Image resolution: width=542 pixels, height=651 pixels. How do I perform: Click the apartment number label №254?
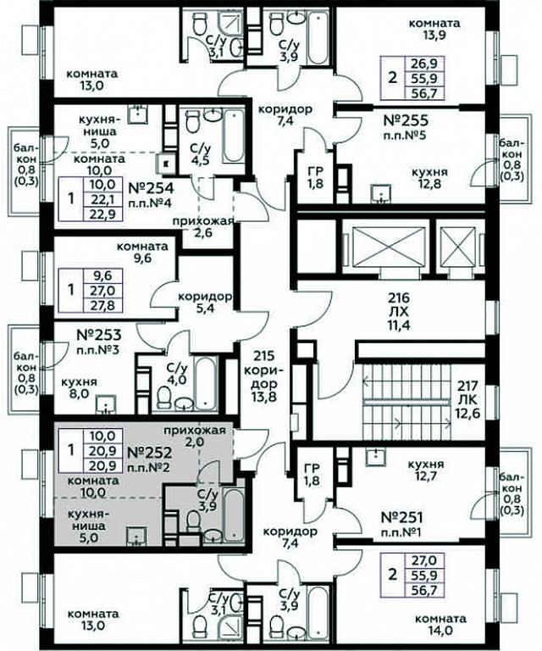pos(151,188)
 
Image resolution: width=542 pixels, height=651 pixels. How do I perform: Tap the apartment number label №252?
pos(148,452)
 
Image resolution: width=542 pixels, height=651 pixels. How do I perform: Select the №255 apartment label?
pos(406,121)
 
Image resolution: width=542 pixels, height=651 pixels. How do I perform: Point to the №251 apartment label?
pos(401,517)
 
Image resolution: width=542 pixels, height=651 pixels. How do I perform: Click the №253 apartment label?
pos(99,335)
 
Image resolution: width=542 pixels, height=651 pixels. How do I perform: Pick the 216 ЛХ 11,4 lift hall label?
pos(399,311)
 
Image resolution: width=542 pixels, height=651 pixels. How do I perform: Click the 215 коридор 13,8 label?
pos(263,376)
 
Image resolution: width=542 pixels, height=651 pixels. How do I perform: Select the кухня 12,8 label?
pos(429,178)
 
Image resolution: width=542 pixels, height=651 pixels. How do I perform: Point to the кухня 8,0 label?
pos(79,387)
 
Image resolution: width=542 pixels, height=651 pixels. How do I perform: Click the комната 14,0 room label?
pos(440,625)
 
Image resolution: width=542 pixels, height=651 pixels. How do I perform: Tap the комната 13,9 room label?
pos(434,29)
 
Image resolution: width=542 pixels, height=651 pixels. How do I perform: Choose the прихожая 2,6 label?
pos(204,226)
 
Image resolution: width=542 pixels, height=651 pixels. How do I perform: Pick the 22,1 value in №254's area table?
pos(103,199)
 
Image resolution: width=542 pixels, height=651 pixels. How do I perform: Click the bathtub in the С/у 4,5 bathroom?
pos(233,136)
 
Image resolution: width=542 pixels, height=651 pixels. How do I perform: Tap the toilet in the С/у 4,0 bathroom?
pos(164,397)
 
